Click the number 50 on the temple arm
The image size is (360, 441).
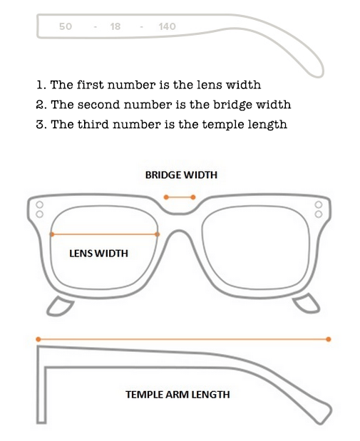click(x=66, y=26)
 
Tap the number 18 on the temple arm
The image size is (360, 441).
click(x=115, y=26)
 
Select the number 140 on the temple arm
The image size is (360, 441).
click(x=167, y=26)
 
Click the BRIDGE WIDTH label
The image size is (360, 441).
click(x=181, y=175)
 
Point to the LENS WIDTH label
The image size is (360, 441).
click(x=98, y=254)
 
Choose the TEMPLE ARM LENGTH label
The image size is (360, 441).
click(x=178, y=394)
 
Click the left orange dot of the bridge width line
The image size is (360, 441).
click(x=166, y=197)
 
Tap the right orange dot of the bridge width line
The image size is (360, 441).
click(x=193, y=197)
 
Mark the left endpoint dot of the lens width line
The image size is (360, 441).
click(x=52, y=234)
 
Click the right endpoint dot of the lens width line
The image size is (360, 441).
click(x=158, y=234)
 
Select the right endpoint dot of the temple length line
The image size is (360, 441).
click(x=328, y=339)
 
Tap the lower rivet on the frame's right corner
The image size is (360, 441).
click(x=319, y=214)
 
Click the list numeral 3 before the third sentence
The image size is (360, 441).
click(x=39, y=125)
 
